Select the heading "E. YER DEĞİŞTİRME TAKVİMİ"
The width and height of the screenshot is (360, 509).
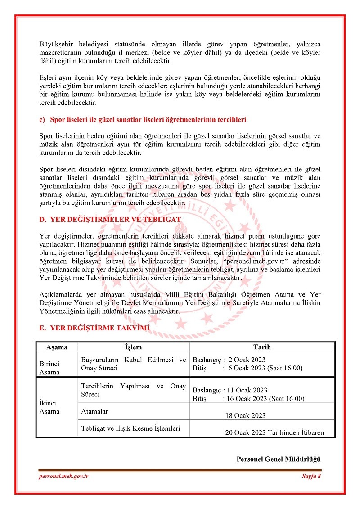[x=94, y=328]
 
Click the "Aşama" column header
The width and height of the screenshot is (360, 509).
[x=57, y=347]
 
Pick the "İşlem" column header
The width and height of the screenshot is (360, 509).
[x=133, y=347]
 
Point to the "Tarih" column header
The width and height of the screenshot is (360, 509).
[x=262, y=347]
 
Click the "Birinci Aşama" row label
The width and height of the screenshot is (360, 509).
[x=49, y=368]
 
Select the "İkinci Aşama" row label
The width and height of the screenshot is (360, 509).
[x=49, y=407]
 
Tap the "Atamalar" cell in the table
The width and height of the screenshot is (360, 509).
[x=94, y=411]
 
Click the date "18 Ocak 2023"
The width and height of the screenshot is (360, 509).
[x=245, y=416]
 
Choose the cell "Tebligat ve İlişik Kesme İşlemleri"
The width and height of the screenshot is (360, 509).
[x=130, y=428]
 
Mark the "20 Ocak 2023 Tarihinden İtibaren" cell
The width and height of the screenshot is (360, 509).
[x=274, y=433]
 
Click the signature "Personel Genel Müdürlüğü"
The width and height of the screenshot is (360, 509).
[x=278, y=459]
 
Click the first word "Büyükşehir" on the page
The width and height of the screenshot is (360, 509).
[x=55, y=45]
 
